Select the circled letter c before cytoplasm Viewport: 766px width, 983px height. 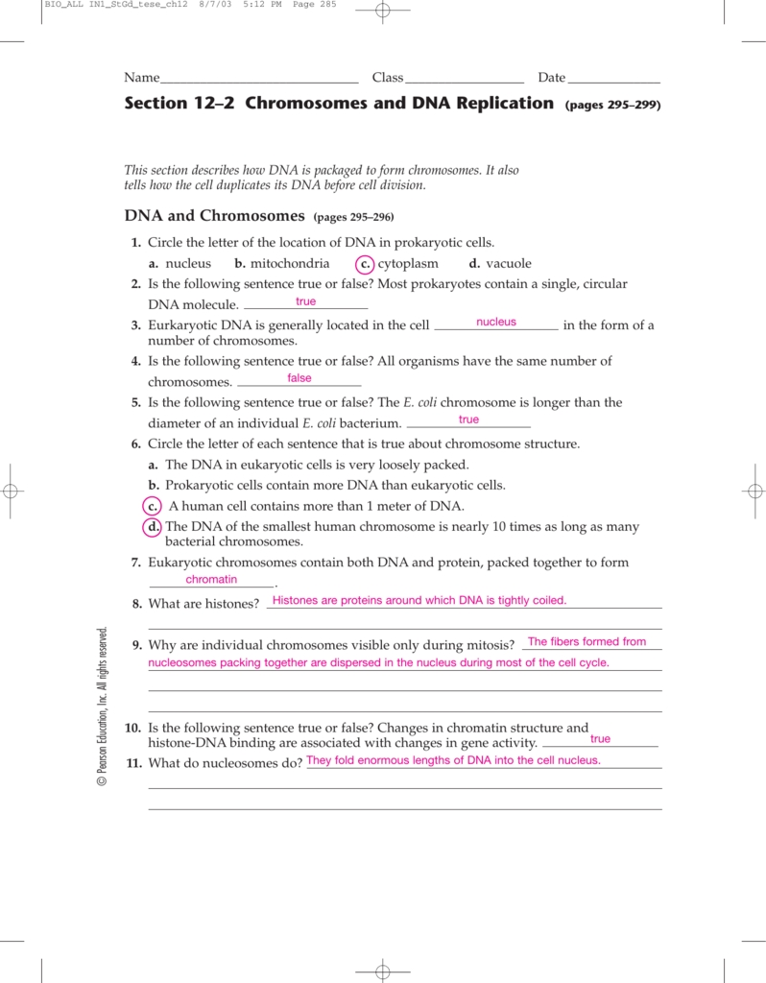coord(365,264)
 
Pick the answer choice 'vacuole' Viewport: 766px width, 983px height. coord(508,264)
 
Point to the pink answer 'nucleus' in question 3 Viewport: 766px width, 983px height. coord(496,323)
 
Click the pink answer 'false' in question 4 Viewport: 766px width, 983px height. coord(299,378)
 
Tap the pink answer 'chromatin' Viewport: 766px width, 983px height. coord(211,580)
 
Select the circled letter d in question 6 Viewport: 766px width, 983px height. coord(153,527)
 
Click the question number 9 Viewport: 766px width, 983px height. coord(137,645)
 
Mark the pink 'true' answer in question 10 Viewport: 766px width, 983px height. coord(601,739)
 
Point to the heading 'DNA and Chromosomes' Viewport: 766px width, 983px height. coord(214,216)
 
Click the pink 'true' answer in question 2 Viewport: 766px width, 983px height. coord(305,302)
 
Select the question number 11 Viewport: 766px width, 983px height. coord(134,763)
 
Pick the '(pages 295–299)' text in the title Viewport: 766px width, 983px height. coord(613,105)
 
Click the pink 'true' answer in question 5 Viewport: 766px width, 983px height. coord(468,420)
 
